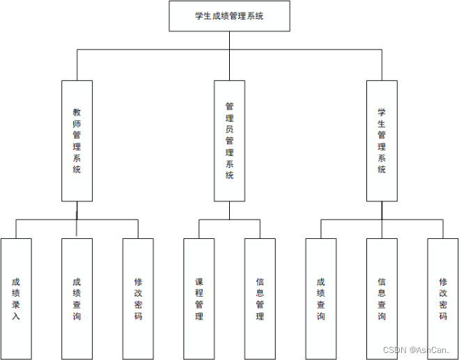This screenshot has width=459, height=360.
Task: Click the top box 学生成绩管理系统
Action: click(229, 16)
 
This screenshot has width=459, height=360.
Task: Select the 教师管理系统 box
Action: click(77, 141)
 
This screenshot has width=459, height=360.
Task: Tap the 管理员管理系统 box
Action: click(229, 141)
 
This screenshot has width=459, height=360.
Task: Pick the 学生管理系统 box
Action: click(382, 141)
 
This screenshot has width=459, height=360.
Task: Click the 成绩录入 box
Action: click(16, 299)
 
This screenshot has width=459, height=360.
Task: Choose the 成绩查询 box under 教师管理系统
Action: click(77, 299)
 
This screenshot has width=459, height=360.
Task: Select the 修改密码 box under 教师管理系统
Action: click(138, 299)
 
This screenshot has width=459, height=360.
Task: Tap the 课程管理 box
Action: click(199, 299)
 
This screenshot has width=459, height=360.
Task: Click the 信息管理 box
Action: click(260, 299)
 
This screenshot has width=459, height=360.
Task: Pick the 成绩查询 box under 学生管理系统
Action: click(320, 299)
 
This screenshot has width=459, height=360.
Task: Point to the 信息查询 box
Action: click(382, 299)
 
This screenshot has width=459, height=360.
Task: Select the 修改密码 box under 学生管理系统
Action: click(443, 299)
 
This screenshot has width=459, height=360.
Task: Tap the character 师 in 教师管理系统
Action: click(77, 123)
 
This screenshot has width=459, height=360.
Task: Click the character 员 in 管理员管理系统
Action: click(229, 130)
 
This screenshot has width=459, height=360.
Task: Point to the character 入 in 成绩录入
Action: click(16, 316)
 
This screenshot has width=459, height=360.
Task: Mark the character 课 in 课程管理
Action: click(199, 282)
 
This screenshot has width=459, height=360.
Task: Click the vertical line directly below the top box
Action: click(229, 40)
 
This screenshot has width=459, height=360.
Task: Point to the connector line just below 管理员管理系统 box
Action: click(229, 210)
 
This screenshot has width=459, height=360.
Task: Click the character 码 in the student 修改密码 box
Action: click(443, 316)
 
